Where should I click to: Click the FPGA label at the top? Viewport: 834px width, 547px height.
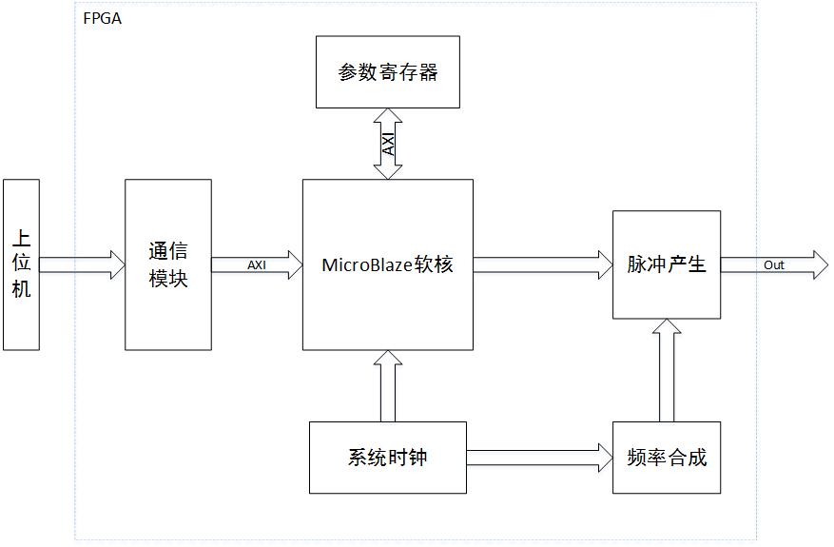pyautogui.click(x=102, y=18)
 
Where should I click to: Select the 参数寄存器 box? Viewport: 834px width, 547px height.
pyautogui.click(x=387, y=72)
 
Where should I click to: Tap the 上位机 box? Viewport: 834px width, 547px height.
pyautogui.click(x=21, y=264)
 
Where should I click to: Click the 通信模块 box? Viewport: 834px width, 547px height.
pyautogui.click(x=167, y=264)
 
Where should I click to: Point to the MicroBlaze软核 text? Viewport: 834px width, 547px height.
pyautogui.click(x=387, y=264)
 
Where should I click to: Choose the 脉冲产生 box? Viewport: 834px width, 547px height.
pyautogui.click(x=666, y=264)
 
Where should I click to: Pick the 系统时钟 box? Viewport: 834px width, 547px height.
pyautogui.click(x=387, y=458)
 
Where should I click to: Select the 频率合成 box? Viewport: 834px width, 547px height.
pyautogui.click(x=666, y=458)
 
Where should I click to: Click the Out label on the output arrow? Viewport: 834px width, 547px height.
pyautogui.click(x=774, y=264)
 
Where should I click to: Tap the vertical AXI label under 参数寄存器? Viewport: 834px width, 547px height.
pyautogui.click(x=388, y=144)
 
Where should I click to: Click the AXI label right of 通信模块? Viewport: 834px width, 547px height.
pyautogui.click(x=257, y=264)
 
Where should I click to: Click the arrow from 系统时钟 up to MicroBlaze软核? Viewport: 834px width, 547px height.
pyautogui.click(x=388, y=386)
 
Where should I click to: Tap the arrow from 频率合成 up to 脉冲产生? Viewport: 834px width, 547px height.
pyautogui.click(x=667, y=371)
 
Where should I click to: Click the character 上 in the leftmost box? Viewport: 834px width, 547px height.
pyautogui.click(x=21, y=238)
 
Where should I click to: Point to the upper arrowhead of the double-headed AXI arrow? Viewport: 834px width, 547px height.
pyautogui.click(x=388, y=115)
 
